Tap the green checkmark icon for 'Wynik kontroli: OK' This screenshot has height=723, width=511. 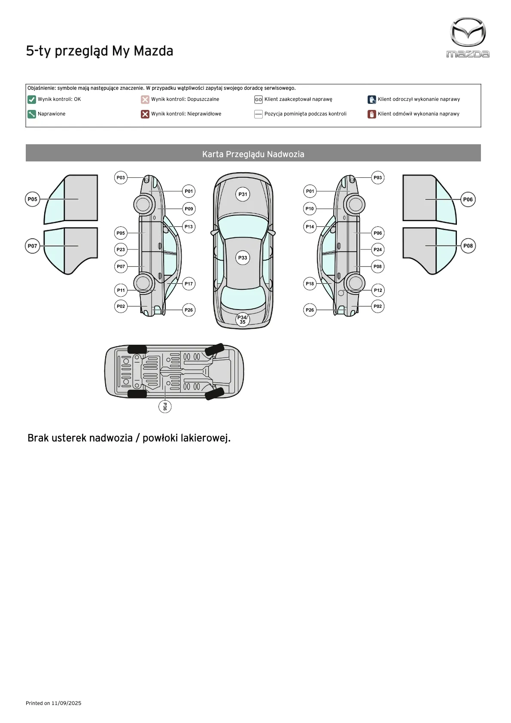coord(31,100)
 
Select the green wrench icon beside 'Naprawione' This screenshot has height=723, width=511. coord(31,114)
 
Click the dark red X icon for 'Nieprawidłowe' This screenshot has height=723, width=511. coord(145,114)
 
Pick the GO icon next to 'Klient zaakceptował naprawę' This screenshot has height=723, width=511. coord(258,100)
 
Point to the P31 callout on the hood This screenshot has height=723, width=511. coord(243,194)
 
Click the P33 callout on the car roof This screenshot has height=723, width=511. coord(243,258)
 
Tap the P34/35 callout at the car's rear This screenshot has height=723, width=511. coord(243,319)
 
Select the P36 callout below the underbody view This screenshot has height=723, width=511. coord(165,406)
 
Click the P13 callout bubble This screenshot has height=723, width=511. coord(189,227)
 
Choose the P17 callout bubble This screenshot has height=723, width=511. coord(189,284)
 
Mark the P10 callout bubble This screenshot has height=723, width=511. coord(310,209)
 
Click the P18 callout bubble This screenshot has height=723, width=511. coord(310,284)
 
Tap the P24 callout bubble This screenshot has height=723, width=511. coord(377,249)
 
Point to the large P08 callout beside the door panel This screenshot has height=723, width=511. coord(468,246)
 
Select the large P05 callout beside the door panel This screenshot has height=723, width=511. coord(33,199)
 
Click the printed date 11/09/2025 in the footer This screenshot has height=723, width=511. coord(66,703)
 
